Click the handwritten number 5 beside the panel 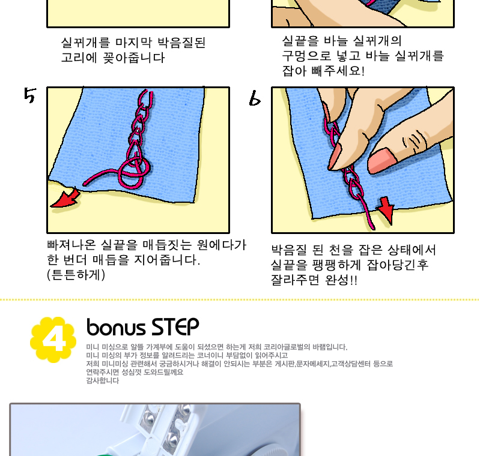coord(30,95)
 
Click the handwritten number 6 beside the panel coord(255,98)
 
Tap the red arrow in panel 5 coord(66,199)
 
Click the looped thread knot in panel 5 coord(134,171)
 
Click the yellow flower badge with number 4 coord(53,340)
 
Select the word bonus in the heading coord(116,327)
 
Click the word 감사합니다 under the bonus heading coord(102,380)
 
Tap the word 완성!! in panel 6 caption coord(341,280)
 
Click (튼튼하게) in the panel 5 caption coord(76,275)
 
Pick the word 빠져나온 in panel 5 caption coord(71,245)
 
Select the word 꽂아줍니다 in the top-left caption coord(134,58)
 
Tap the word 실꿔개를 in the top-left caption coord(85,43)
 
